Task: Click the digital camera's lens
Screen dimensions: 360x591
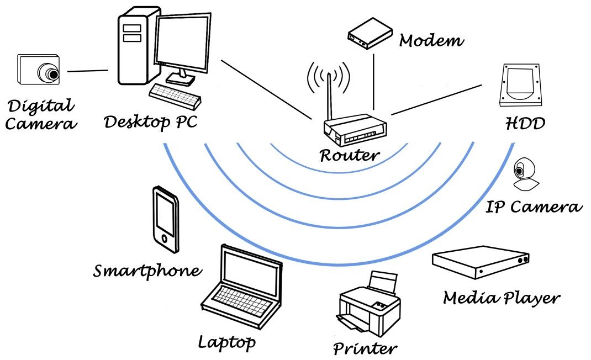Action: point(51,73)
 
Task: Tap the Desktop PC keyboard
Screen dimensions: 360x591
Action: point(175,96)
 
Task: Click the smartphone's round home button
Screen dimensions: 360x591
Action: point(163,239)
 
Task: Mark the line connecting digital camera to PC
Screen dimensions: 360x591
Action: point(87,71)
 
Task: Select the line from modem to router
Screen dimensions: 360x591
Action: point(374,80)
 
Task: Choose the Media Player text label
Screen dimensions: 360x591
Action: point(502,298)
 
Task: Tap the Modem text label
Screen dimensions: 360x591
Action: point(431,40)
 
